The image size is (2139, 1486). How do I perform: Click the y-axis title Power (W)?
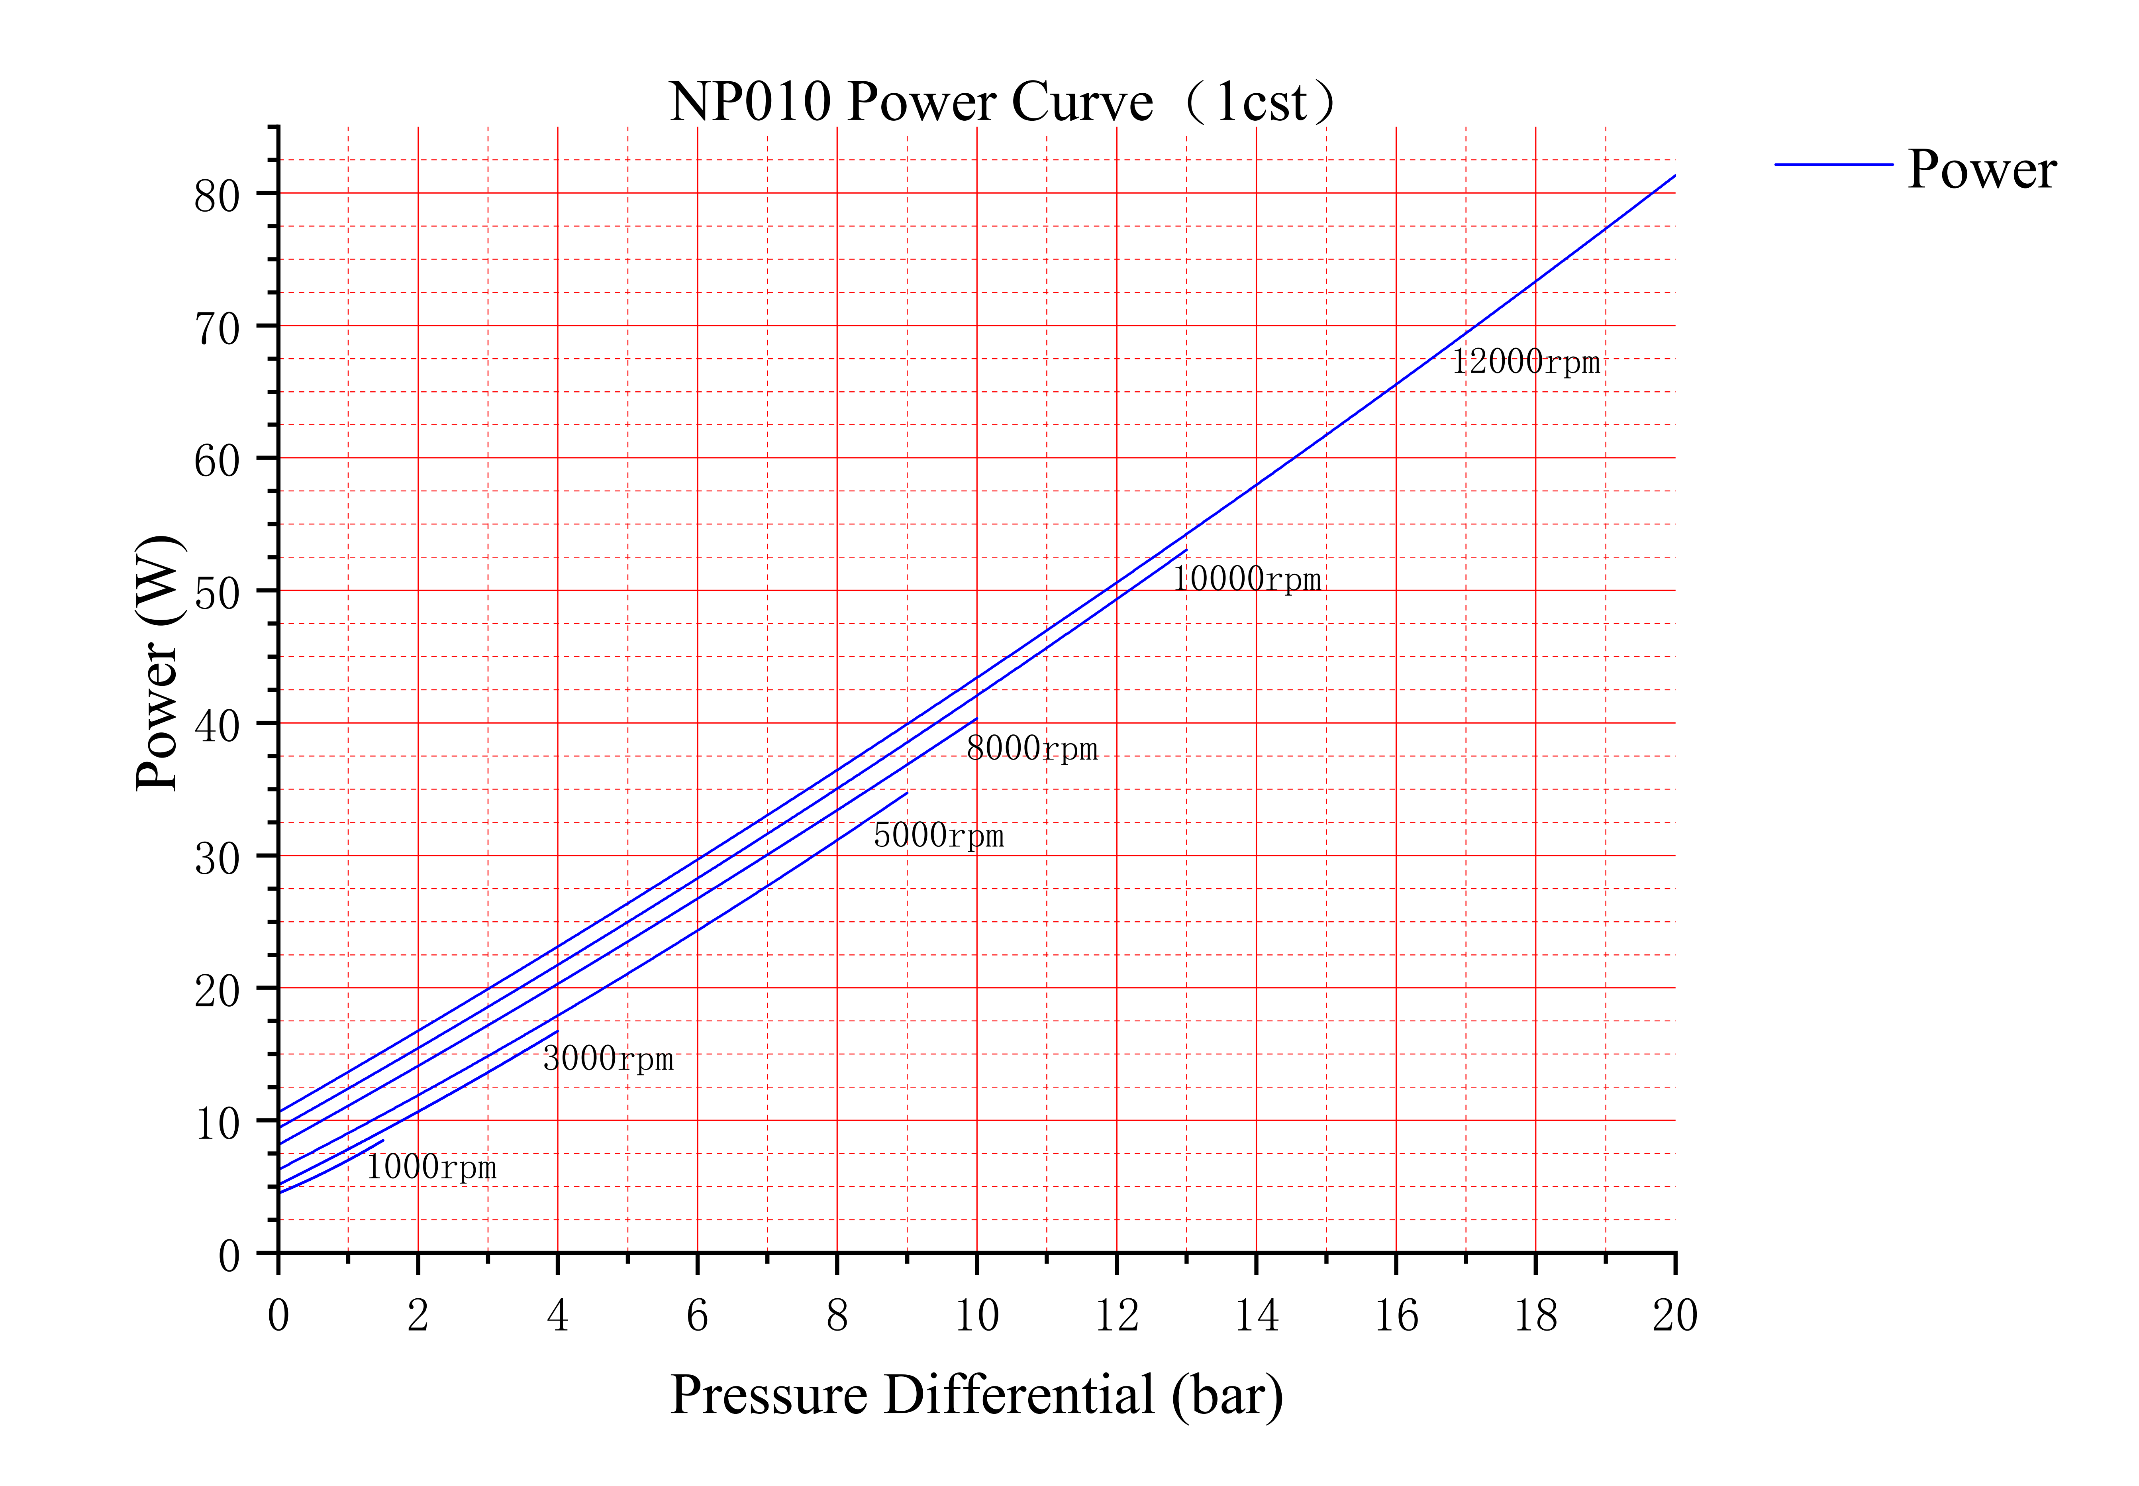[158, 663]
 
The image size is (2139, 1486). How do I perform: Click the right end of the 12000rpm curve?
[1674, 175]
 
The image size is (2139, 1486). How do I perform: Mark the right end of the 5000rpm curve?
[907, 793]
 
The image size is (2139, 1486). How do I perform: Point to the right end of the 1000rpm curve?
[382, 1140]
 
